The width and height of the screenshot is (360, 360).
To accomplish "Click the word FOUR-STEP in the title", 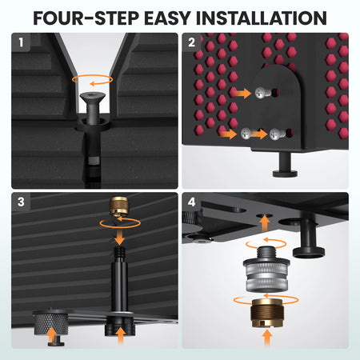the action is [x=86, y=18].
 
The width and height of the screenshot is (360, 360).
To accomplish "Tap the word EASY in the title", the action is [x=167, y=18].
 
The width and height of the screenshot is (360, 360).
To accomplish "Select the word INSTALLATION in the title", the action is [x=262, y=18].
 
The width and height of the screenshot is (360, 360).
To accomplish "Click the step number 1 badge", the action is [x=21, y=42].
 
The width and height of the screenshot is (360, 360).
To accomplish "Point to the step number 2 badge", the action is [x=191, y=42].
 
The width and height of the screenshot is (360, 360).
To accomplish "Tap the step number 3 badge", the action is [x=21, y=202].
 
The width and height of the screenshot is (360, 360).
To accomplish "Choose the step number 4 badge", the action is [x=191, y=202].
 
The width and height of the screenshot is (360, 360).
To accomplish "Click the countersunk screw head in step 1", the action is [x=93, y=96].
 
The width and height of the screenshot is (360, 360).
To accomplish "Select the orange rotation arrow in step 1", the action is [x=92, y=80].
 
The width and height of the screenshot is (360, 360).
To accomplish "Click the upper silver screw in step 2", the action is [x=262, y=93].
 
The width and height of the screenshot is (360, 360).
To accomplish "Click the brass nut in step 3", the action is [x=119, y=206].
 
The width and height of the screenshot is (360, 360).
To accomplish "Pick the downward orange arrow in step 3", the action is [x=119, y=238].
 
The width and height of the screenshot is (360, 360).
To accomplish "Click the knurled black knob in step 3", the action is [x=50, y=322].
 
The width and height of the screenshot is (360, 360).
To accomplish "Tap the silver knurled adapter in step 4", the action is [x=266, y=274].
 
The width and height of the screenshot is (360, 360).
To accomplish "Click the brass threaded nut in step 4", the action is [x=267, y=314].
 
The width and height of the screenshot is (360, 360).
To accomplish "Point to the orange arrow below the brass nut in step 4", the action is [x=267, y=338].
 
